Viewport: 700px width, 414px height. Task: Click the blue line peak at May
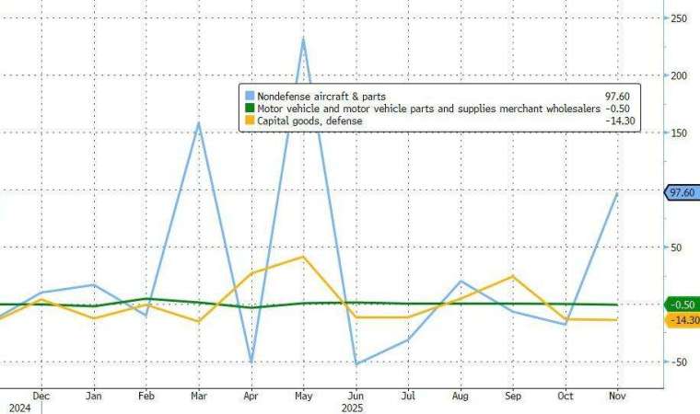[x=303, y=39]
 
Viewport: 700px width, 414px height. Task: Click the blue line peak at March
[x=199, y=122]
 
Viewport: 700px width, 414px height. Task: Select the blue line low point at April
[x=251, y=361]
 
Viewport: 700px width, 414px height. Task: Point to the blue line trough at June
[x=356, y=364]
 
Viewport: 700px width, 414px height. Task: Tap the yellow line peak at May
[x=303, y=257]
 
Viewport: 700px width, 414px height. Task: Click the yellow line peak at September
[x=513, y=276]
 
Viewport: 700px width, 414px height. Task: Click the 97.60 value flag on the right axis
[x=682, y=192]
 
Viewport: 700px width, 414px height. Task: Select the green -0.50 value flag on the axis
[x=682, y=305]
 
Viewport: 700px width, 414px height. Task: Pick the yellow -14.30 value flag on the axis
[x=682, y=320]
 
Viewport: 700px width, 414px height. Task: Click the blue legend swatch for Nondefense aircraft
[x=249, y=96]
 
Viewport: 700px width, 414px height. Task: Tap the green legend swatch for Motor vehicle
[x=249, y=109]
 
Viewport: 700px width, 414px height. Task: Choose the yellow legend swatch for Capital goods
[x=249, y=121]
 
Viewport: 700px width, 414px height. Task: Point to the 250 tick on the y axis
[x=681, y=18]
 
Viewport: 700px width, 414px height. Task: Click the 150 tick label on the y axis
[x=681, y=132]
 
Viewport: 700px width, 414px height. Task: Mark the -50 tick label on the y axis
[x=681, y=362]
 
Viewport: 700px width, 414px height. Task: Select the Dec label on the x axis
[x=41, y=395]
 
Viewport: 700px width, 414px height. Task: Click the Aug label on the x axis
[x=461, y=395]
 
